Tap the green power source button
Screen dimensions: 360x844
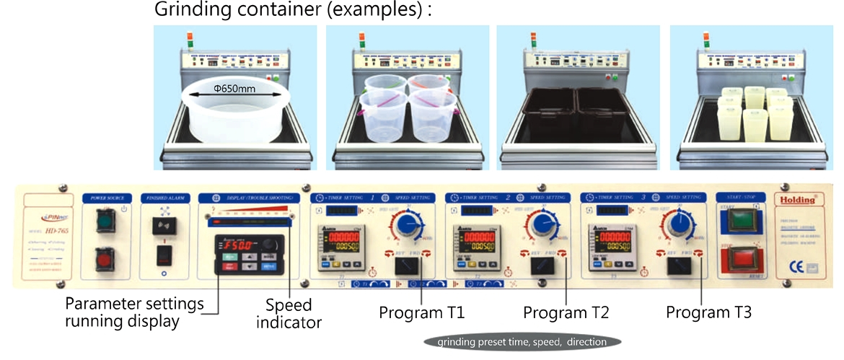click(105, 221)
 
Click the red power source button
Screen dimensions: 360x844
click(105, 258)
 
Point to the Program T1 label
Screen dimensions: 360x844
click(423, 313)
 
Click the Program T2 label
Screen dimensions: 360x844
click(566, 313)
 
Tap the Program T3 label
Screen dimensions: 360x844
click(709, 313)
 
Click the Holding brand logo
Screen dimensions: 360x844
click(798, 198)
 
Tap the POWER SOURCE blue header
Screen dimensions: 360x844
click(107, 198)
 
